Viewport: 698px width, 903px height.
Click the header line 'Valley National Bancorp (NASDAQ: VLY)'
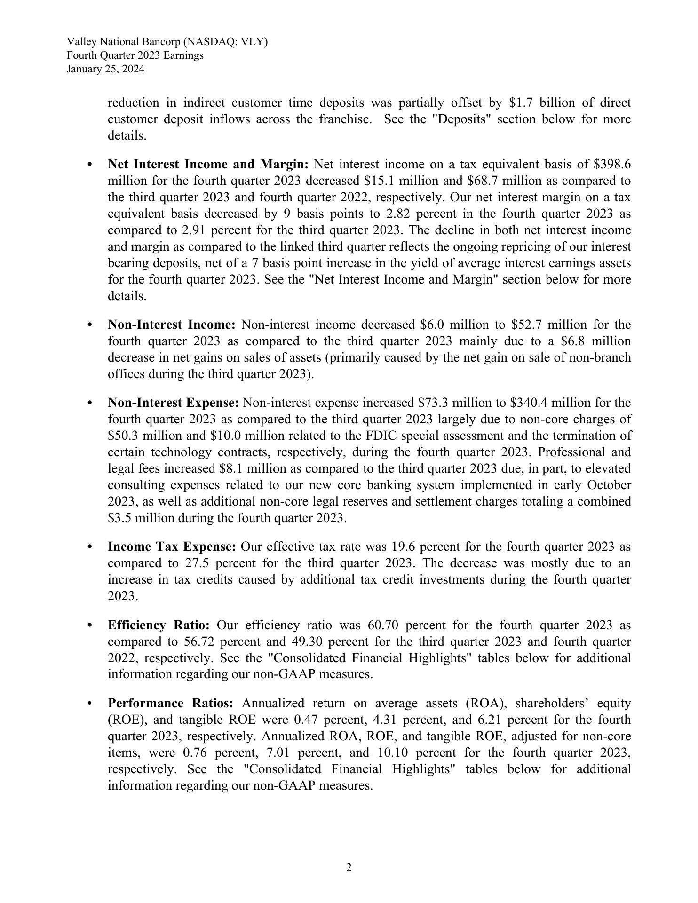pyautogui.click(x=167, y=42)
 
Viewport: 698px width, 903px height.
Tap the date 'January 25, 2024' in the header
pyautogui.click(x=105, y=69)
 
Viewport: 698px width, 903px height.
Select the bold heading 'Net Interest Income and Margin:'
pyautogui.click(x=208, y=164)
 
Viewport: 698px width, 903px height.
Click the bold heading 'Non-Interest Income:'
pyautogui.click(x=171, y=325)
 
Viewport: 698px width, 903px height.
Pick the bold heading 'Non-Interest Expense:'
pyautogui.click(x=173, y=403)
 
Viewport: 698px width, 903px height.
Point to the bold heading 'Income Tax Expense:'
pyautogui.click(x=171, y=547)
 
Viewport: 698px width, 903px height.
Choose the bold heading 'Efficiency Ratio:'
pyautogui.click(x=159, y=625)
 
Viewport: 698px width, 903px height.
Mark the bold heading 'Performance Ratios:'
pyautogui.click(x=170, y=703)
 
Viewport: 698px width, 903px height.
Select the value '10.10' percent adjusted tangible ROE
pyautogui.click(x=393, y=752)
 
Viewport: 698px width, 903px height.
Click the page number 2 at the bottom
pyautogui.click(x=349, y=868)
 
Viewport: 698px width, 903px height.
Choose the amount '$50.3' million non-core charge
pyautogui.click(x=123, y=436)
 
